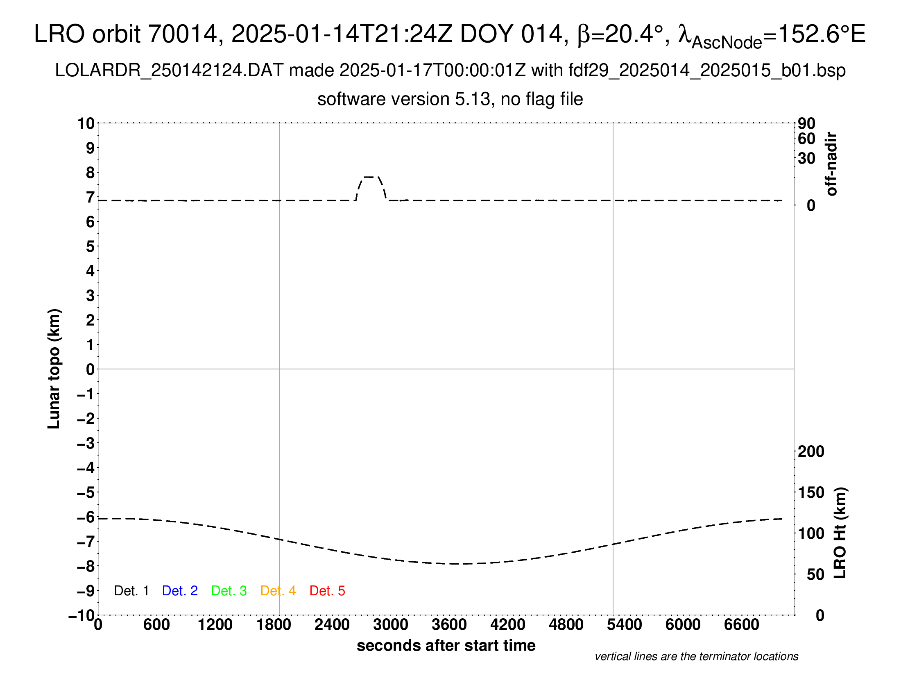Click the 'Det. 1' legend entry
[131, 591]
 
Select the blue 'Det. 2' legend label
[180, 591]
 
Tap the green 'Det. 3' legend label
[229, 591]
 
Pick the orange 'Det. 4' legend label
[278, 591]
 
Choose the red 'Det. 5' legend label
[327, 591]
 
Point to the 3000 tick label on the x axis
[390, 625]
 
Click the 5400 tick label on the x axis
[624, 625]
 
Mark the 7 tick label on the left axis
[90, 197]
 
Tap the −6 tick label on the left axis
[86, 517]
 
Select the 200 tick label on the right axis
[810, 451]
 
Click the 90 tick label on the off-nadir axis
[806, 123]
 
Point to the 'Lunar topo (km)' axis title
[54, 369]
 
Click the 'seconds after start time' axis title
[446, 645]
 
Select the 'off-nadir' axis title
[831, 164]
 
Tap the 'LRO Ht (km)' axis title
[840, 533]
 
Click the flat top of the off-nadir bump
[369, 177]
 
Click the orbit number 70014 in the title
[183, 34]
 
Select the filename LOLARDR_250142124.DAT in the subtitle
[169, 71]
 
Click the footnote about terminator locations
[696, 656]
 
